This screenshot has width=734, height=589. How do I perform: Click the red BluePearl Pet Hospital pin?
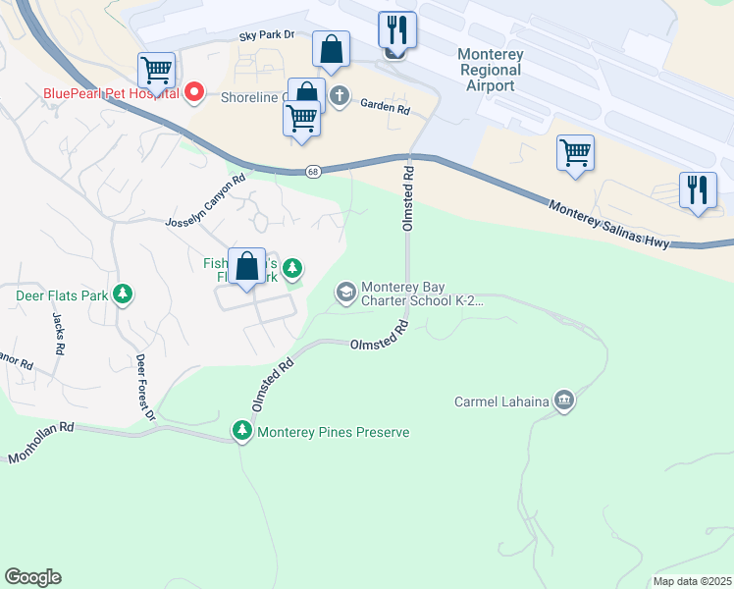pos(194,93)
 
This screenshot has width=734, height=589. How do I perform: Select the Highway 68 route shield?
pos(312,171)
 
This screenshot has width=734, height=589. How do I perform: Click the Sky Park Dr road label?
pos(267,35)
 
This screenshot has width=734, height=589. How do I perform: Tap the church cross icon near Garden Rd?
pos(340,96)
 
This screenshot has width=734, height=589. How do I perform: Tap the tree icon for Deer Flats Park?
pos(123,294)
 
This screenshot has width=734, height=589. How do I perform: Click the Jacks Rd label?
pos(58,335)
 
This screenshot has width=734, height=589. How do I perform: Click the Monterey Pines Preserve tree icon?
pos(241,431)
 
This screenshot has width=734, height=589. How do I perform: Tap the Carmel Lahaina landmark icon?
pos(563,401)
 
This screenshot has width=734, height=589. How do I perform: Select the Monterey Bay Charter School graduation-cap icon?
pos(345,293)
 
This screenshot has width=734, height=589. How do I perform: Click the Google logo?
pos(32,577)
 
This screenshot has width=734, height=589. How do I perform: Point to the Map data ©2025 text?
pos(691,581)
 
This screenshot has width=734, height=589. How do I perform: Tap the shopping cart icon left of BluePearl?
pos(156,71)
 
